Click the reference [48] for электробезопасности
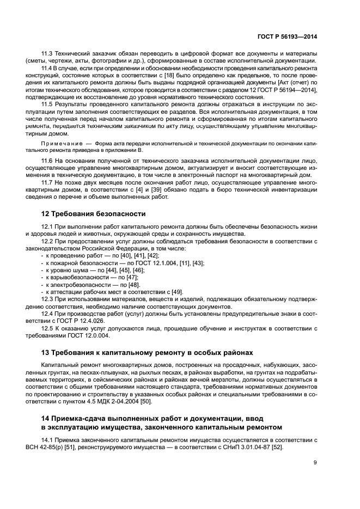(133, 285)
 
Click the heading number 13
(46, 352)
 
